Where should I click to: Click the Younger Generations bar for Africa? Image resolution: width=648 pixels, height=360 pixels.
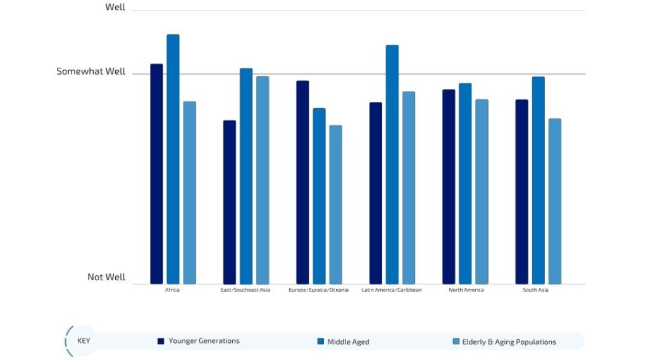(x=156, y=174)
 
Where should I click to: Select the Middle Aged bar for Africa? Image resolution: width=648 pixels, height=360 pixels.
(x=173, y=159)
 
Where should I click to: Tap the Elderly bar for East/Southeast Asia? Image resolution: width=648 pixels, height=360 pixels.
(x=262, y=180)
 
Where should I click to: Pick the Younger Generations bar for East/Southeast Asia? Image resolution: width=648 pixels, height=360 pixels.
(x=229, y=202)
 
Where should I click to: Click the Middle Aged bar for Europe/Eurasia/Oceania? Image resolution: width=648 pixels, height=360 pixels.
(x=319, y=196)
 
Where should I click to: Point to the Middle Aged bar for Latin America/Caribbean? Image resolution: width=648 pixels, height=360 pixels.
(x=392, y=164)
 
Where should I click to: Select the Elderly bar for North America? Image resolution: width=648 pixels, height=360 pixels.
(x=482, y=191)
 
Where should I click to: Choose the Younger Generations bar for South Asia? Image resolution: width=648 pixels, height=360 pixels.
(x=521, y=192)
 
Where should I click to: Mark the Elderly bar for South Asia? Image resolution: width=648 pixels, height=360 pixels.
(x=554, y=201)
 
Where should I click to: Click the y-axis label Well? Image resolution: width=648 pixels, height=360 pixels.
(x=115, y=8)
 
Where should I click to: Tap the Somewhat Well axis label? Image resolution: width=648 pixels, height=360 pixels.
(x=91, y=71)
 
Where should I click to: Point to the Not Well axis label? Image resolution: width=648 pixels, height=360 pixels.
(x=106, y=277)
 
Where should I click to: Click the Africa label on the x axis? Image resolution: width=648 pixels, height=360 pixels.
(x=172, y=290)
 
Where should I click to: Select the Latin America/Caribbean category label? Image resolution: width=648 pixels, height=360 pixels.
(x=391, y=290)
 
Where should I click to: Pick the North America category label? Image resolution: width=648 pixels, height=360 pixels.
(x=466, y=290)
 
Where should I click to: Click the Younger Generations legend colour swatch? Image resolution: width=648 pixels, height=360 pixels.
(x=161, y=341)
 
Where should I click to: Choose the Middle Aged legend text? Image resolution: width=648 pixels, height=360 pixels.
(x=348, y=342)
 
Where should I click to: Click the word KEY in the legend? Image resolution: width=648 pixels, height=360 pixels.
(x=84, y=340)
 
